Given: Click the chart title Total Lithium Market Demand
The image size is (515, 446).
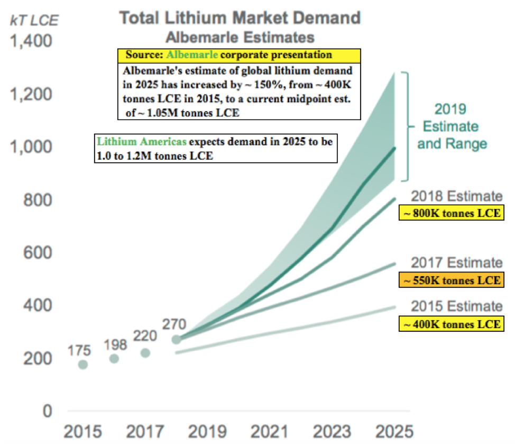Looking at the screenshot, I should (240, 17).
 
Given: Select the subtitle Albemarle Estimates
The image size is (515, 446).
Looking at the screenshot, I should (240, 38).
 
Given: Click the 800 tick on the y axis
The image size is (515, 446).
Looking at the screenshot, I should (40, 200).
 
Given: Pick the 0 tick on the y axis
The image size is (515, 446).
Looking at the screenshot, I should (47, 411).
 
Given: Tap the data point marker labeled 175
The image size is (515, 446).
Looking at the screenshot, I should (83, 365).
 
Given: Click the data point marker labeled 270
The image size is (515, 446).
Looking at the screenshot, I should (177, 339).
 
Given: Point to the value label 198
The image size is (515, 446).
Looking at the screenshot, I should (115, 345).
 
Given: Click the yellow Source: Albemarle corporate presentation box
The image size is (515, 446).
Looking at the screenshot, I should (228, 55).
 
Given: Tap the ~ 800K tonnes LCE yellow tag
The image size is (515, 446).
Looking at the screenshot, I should (448, 213).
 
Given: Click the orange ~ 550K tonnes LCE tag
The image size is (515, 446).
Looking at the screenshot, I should (448, 280).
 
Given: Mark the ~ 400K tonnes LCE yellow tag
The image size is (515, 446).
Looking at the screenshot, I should (448, 323).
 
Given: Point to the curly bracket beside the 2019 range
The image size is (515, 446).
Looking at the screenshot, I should (407, 127).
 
